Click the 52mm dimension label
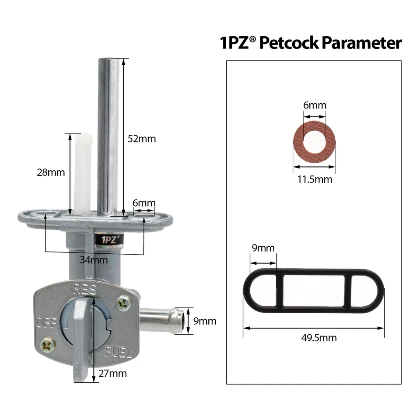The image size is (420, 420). [x=141, y=139]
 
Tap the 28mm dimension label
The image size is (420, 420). [x=51, y=172]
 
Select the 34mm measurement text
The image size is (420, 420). [x=94, y=260]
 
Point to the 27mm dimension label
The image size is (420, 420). [x=112, y=373]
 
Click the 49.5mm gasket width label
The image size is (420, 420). [x=314, y=338]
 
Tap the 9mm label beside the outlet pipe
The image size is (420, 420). [x=205, y=321]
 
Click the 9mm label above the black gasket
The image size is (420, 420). [x=263, y=248]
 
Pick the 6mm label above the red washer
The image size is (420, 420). [x=315, y=105]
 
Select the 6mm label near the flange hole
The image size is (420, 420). [x=144, y=203]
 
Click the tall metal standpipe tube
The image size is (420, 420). [x=108, y=136]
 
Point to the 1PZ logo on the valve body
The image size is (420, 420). [x=109, y=239]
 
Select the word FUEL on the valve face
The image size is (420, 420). [x=119, y=353]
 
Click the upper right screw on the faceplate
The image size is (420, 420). [x=123, y=302]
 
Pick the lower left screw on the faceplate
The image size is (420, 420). [x=48, y=345]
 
